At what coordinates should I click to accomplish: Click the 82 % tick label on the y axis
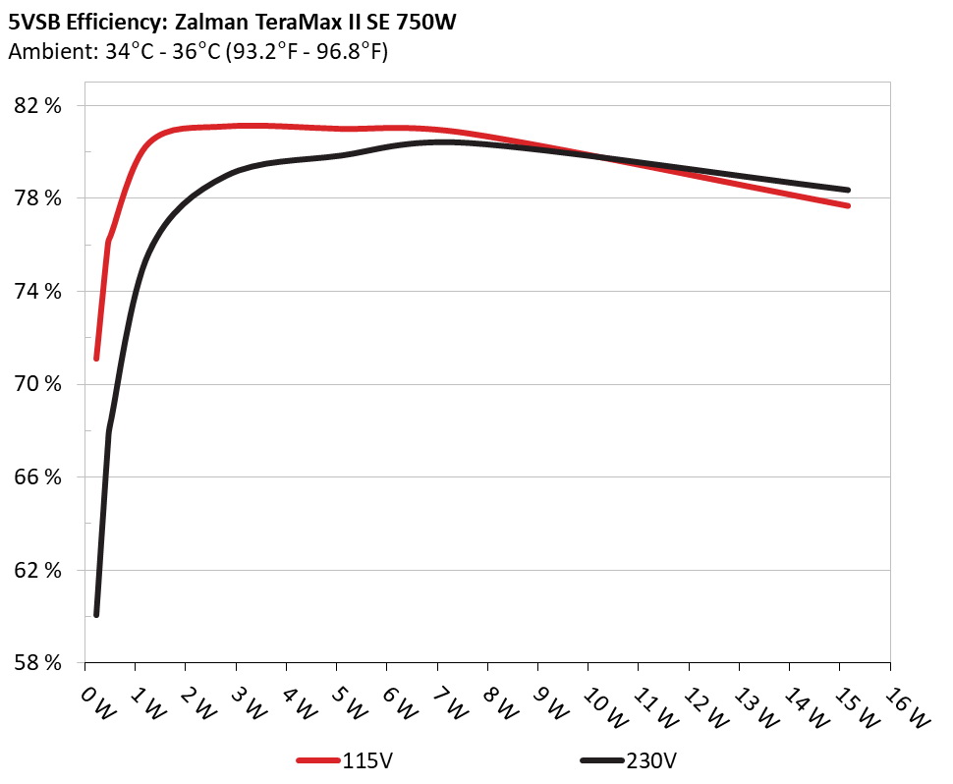click(40, 106)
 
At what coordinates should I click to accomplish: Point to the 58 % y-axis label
click(40, 663)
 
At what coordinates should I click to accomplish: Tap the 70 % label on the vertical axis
click(40, 384)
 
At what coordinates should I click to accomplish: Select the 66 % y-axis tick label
click(40, 477)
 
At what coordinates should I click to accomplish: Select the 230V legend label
click(651, 760)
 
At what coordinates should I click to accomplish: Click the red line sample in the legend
click(319, 760)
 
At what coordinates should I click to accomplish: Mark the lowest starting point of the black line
click(96, 615)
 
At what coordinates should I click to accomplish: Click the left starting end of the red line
click(96, 359)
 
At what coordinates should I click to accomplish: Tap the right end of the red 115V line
click(847, 205)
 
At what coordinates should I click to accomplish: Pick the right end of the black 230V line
click(847, 190)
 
